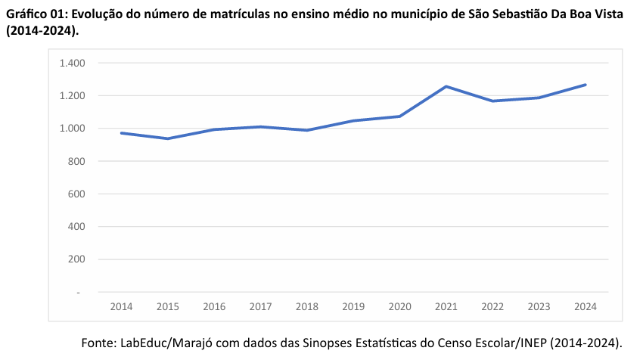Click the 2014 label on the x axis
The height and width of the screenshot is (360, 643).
tap(121, 306)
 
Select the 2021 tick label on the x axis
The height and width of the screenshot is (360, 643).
tap(446, 306)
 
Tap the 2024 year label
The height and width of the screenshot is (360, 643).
tap(586, 306)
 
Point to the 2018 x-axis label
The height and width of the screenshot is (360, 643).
tap(307, 306)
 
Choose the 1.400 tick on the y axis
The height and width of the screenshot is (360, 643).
tap(72, 63)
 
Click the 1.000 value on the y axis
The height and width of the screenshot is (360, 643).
tap(72, 129)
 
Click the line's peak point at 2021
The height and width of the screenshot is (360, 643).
tap(446, 86)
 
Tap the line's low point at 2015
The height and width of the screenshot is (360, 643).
tap(168, 138)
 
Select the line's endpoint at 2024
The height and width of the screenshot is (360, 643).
tap(586, 85)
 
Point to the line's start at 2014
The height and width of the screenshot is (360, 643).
tap(121, 133)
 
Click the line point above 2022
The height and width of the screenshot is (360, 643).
tap(492, 101)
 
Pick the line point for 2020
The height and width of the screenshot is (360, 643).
tap(400, 116)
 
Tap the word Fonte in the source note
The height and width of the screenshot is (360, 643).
tap(98, 343)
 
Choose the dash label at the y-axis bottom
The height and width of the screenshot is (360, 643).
tap(78, 292)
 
